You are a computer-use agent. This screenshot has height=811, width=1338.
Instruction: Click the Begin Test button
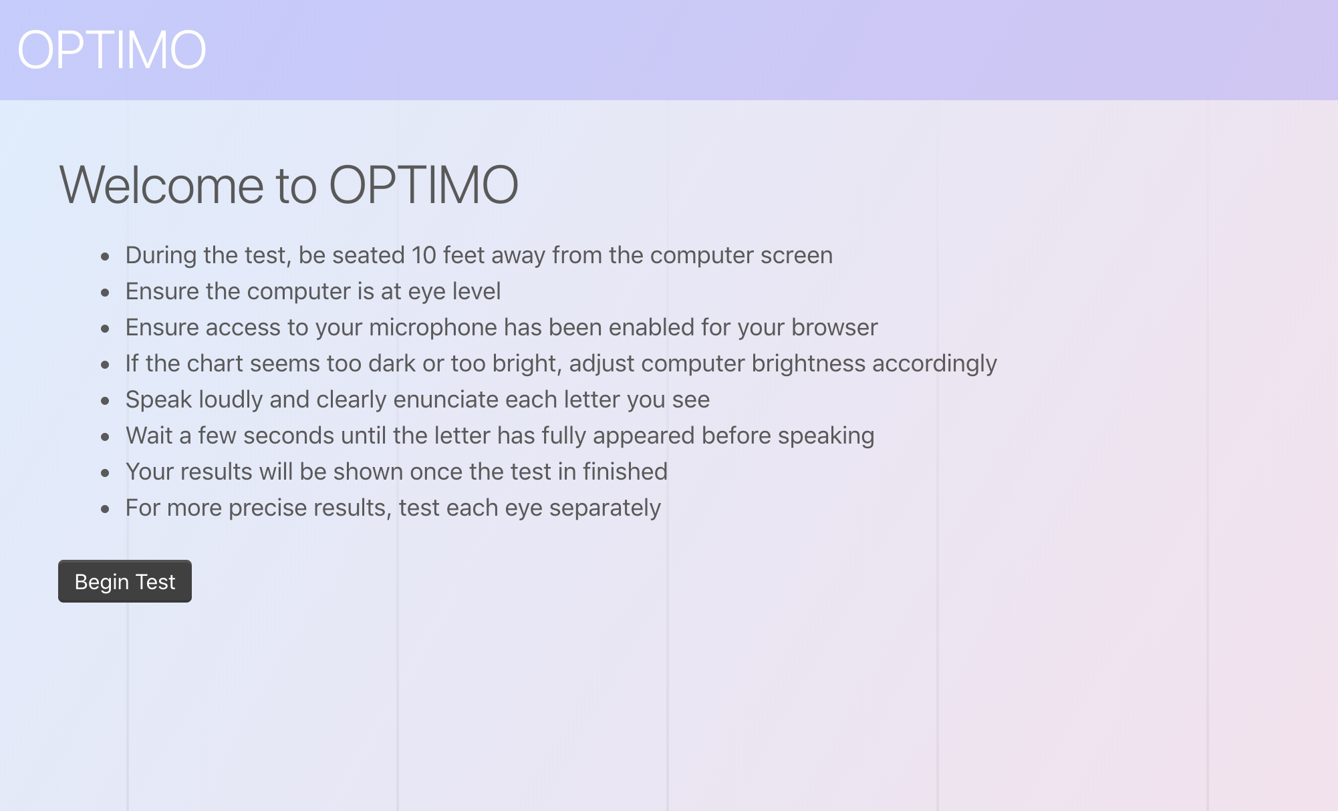pyautogui.click(x=125, y=581)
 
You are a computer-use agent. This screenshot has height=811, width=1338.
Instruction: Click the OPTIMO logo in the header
pyautogui.click(x=112, y=50)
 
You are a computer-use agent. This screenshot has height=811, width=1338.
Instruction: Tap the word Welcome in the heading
pyautogui.click(x=161, y=185)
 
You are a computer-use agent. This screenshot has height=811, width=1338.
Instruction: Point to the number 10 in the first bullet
pyautogui.click(x=424, y=255)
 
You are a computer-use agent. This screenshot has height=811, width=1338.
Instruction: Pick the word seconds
pyautogui.click(x=289, y=436)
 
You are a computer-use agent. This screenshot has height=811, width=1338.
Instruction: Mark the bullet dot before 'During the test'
pyautogui.click(x=105, y=257)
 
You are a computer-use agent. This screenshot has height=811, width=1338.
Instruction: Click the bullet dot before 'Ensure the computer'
pyautogui.click(x=105, y=293)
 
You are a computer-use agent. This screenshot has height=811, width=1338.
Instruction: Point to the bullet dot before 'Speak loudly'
pyautogui.click(x=105, y=401)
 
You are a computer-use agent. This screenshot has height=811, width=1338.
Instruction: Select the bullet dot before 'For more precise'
pyautogui.click(x=105, y=509)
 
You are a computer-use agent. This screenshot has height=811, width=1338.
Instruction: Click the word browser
pyautogui.click(x=835, y=327)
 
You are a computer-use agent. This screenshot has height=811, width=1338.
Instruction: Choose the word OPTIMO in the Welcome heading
pyautogui.click(x=424, y=185)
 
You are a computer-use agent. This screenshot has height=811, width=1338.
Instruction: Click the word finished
pyautogui.click(x=625, y=472)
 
